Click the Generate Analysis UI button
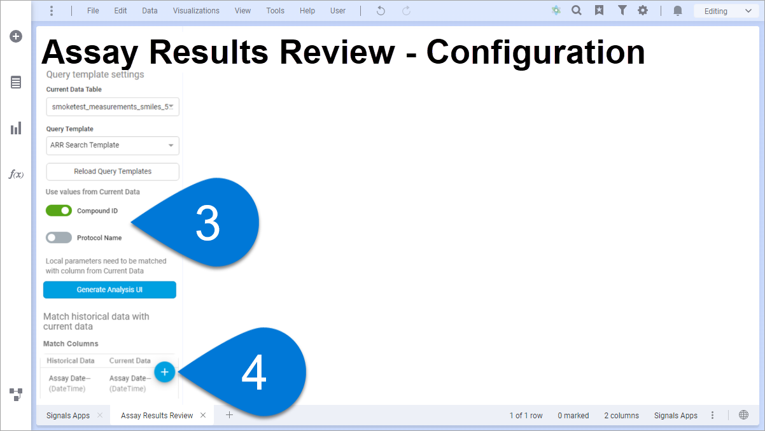coord(109,290)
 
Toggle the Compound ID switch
coord(59,211)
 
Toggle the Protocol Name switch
coord(59,237)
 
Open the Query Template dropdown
coord(113,146)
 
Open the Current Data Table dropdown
coord(113,107)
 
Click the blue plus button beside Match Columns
coord(165,372)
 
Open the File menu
coord(93,11)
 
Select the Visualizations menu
coord(196,11)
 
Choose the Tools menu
coord(276,11)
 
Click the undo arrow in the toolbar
coord(381,11)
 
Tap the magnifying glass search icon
coord(577,11)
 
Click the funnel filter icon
coord(622,11)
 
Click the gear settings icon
coord(643,11)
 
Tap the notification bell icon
coord(678,11)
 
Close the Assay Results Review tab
coord(203,415)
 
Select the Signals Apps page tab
coord(68,415)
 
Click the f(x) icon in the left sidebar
coord(16,174)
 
